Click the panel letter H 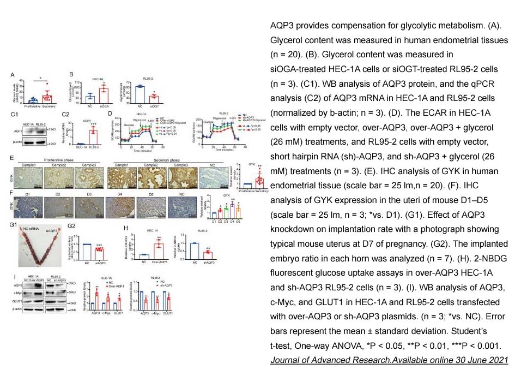tap(126, 228)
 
